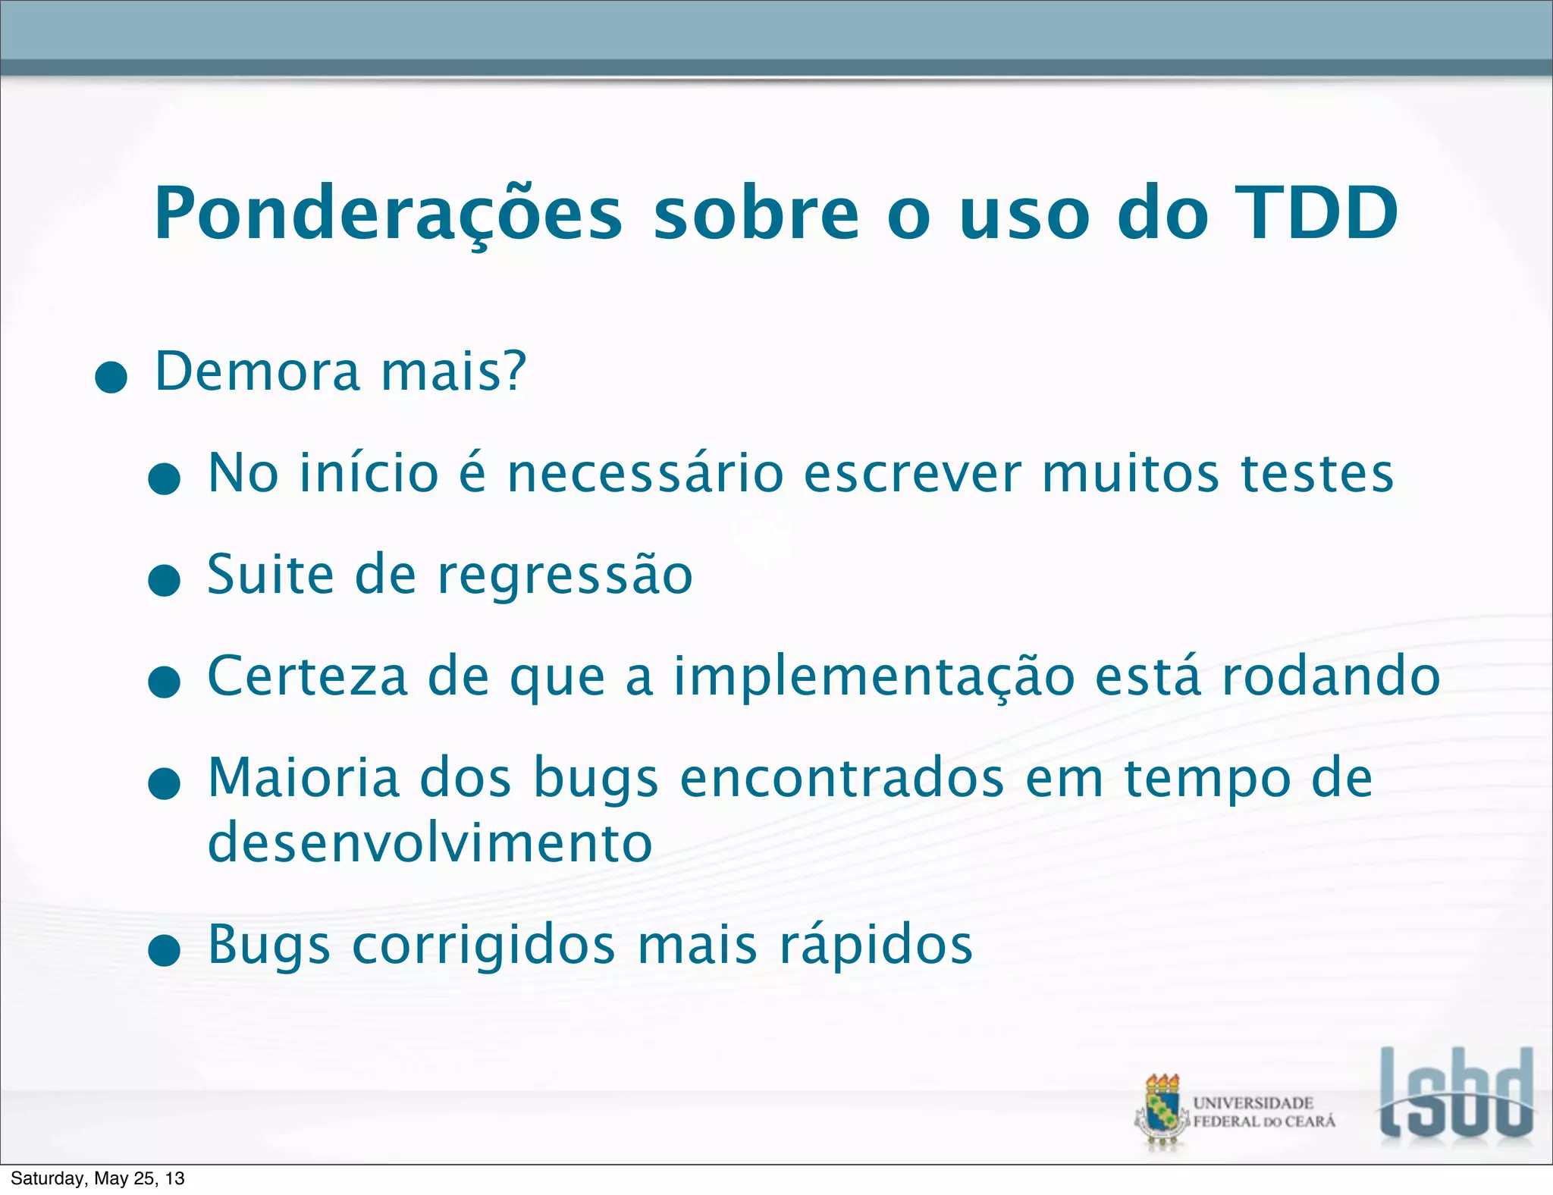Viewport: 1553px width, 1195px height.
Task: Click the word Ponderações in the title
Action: (x=387, y=215)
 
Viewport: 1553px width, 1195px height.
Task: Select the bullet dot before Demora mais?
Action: (x=111, y=377)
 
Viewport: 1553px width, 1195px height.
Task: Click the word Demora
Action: (x=257, y=371)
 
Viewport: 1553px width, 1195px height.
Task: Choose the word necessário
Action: (x=645, y=473)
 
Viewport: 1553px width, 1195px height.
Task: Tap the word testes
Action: (x=1317, y=473)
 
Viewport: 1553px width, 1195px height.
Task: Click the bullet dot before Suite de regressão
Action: (x=164, y=580)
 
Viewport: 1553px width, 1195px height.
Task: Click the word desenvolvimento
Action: (x=430, y=842)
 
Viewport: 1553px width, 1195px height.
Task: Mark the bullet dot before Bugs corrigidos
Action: (x=164, y=951)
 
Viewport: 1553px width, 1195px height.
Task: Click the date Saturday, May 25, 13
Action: (x=98, y=1178)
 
